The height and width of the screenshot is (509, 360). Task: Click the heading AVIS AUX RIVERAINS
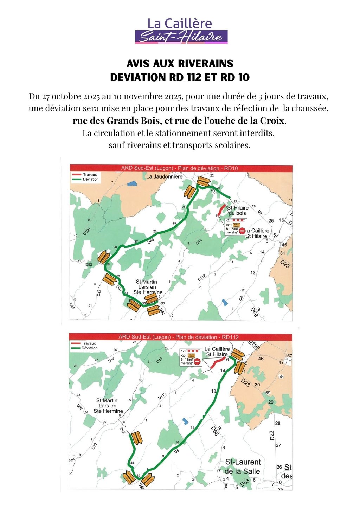(x=180, y=64)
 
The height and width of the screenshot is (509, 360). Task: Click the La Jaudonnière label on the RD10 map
(x=164, y=176)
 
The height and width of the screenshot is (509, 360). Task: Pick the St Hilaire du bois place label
(x=238, y=210)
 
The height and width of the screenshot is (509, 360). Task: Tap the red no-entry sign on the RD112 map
(x=197, y=361)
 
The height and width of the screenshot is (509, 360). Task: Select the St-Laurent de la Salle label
(x=243, y=466)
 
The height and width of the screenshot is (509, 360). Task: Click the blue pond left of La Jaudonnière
(x=132, y=183)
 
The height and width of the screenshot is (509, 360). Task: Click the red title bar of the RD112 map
(x=180, y=337)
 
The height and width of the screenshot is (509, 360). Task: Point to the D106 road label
(x=87, y=231)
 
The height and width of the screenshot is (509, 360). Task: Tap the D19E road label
(x=254, y=345)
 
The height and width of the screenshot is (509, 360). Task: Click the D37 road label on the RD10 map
(x=213, y=191)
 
